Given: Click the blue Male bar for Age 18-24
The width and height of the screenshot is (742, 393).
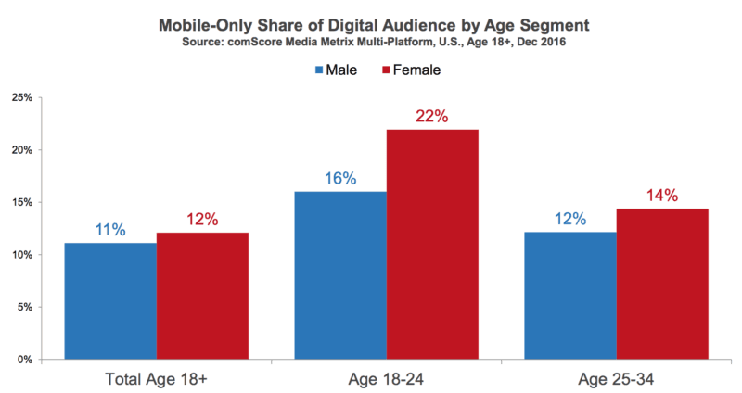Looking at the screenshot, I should [340, 275].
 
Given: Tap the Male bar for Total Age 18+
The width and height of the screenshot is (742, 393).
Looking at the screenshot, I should [110, 300].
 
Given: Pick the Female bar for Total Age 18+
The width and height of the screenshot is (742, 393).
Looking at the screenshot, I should [202, 296].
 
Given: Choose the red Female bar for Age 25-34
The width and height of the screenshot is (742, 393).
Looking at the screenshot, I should [662, 284].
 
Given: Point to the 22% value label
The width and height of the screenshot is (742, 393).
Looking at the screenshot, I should [432, 117].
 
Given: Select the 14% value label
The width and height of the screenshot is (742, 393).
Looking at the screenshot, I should [662, 196].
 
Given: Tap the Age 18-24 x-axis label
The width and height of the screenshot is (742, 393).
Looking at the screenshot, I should [386, 377].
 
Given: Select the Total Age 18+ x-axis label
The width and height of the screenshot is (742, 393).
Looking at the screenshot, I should [156, 377].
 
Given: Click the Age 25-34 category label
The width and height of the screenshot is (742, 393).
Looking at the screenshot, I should [616, 377].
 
